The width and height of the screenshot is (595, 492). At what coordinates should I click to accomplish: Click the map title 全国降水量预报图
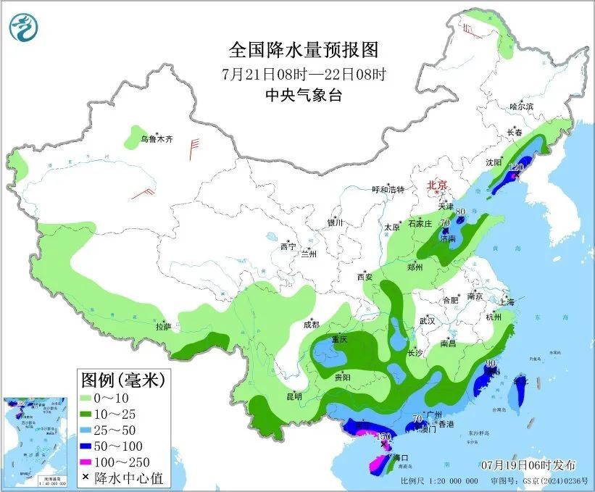coord(304,50)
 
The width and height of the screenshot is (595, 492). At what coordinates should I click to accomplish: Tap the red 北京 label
coord(438,185)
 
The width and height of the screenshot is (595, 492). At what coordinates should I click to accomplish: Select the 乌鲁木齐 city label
coord(157,138)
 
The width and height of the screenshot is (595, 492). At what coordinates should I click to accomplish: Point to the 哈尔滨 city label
coord(521,107)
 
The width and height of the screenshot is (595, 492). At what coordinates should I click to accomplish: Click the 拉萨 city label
coord(163,327)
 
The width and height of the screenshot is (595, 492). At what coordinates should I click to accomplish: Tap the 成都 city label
coord(311,324)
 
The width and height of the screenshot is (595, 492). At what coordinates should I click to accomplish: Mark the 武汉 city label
coord(427,320)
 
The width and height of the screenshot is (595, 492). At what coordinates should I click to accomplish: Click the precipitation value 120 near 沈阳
coord(515,167)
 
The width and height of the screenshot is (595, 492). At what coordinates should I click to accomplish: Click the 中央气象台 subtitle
coord(304,95)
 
